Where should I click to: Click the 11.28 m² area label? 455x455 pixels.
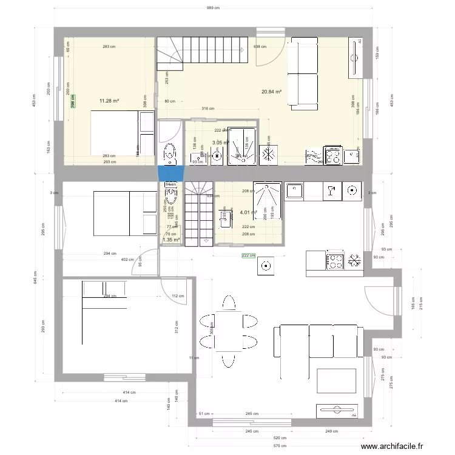109,102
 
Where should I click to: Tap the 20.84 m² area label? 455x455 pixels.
271,92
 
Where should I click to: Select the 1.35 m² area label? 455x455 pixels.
171,240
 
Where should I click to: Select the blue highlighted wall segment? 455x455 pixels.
170,173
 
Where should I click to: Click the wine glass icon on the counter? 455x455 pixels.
331,191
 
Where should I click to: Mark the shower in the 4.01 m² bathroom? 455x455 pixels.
268,200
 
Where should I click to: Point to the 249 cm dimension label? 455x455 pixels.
331,431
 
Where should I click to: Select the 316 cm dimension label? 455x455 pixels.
207,109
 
